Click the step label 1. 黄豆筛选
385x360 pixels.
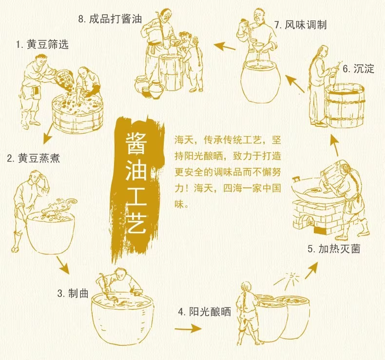pos(42,45)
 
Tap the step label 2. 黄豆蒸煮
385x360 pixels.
pos(34,158)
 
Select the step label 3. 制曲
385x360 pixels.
pos(73,293)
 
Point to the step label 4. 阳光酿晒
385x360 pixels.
pos(205,312)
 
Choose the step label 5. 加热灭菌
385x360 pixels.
pos(334,249)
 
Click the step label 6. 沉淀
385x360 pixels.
pos(358,69)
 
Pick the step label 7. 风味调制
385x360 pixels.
pos(300,25)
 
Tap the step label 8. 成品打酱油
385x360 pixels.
pos(110,19)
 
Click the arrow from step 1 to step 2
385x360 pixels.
pos(48,134)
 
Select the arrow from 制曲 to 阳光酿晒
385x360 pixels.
pos(188,329)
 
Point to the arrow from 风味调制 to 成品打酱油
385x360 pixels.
pos(224,46)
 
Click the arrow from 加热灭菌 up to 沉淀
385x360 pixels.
pos(335,145)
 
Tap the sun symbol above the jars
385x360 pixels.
pos(292,278)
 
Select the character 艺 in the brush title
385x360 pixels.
pos(136,222)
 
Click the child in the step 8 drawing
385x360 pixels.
pos(191,61)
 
